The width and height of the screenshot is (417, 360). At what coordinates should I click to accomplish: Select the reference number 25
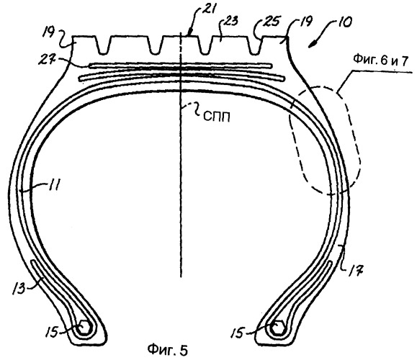coord(272,22)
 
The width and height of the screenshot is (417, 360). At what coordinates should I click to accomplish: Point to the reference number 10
coord(343,22)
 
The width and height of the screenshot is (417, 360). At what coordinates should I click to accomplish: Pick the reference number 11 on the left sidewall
coord(54,184)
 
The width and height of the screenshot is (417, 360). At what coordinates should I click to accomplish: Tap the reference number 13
coord(19,287)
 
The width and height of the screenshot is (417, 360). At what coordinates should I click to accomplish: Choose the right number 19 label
coord(305,22)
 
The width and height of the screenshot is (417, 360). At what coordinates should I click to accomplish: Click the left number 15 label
coord(52,332)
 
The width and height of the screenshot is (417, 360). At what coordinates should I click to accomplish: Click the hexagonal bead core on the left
coord(84,328)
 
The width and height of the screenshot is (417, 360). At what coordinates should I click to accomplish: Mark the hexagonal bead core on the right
coord(278,328)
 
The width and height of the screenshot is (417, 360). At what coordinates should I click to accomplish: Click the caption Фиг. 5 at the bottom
coord(168,349)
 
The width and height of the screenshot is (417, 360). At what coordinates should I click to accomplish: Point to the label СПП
coord(217,117)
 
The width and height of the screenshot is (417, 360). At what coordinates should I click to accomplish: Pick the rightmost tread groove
coord(254,46)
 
